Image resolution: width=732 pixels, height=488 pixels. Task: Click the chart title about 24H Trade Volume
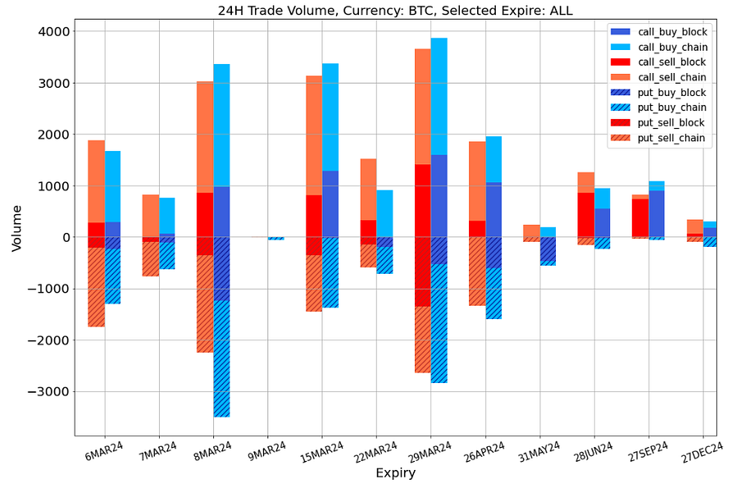click(x=395, y=11)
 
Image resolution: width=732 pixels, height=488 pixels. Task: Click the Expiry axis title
click(x=395, y=473)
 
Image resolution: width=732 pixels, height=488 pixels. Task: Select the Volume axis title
click(x=17, y=228)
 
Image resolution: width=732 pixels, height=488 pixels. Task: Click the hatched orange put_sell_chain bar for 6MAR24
click(x=96, y=287)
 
